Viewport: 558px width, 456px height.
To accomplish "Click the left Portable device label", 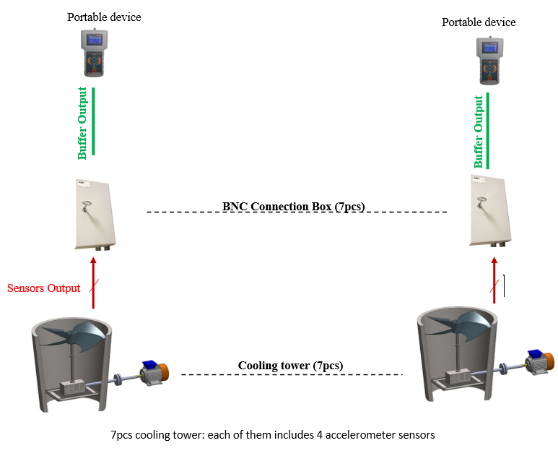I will tap(104, 17).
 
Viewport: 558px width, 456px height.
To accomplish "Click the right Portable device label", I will tap(479, 22).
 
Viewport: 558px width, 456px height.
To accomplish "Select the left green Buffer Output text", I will tap(83, 124).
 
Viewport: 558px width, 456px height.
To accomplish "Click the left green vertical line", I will tap(94, 121).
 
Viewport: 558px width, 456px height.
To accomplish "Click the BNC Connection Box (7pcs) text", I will tap(294, 207).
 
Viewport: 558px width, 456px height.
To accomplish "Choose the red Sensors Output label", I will tap(43, 288).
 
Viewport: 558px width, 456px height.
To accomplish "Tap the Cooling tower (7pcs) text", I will tap(290, 366).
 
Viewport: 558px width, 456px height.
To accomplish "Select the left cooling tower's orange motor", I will tap(163, 371).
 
